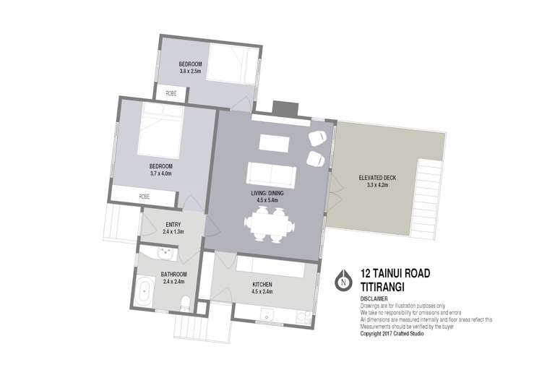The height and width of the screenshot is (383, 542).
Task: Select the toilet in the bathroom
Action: point(185,302)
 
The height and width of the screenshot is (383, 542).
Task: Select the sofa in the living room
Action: point(271,175)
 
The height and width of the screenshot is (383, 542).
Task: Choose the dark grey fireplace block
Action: point(285,108)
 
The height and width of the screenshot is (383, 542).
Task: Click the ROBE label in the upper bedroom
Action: point(171,93)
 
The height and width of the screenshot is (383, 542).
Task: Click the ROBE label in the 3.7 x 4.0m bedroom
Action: point(144,196)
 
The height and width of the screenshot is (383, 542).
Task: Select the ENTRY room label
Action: point(173,224)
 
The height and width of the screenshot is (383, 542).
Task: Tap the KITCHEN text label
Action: point(262,284)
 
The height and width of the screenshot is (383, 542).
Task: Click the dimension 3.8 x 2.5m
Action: point(190,72)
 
